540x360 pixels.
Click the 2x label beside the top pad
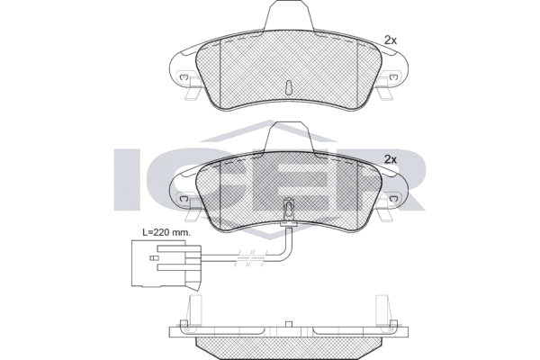coord(391,40)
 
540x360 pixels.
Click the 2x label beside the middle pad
coord(391,159)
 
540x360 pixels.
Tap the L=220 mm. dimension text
coord(166,232)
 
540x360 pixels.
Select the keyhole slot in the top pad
coord(289,87)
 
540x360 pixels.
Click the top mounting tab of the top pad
coord(289,15)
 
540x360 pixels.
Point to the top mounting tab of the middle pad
coord(289,136)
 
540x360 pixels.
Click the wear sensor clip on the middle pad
coord(289,209)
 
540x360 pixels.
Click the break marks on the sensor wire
coord(248,258)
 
